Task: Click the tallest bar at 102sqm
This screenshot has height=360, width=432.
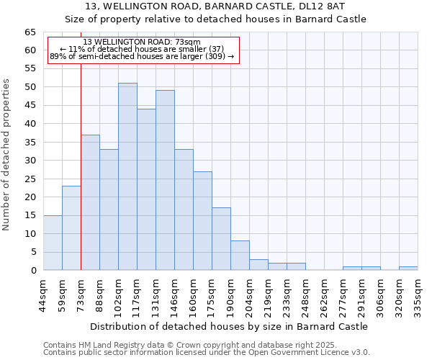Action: (127, 176)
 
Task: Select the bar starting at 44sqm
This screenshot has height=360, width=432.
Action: (53, 243)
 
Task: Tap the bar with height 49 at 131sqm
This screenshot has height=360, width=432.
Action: (165, 180)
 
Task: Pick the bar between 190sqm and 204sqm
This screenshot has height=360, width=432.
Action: (240, 256)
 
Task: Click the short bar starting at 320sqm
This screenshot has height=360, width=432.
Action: (408, 269)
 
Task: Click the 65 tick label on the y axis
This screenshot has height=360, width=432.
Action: (30, 32)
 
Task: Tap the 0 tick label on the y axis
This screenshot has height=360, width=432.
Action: (32, 271)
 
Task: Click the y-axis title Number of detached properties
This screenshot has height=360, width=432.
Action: (7, 155)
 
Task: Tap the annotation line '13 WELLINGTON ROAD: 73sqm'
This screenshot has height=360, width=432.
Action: (142, 42)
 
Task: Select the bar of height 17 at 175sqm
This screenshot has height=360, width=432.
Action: (221, 239)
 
